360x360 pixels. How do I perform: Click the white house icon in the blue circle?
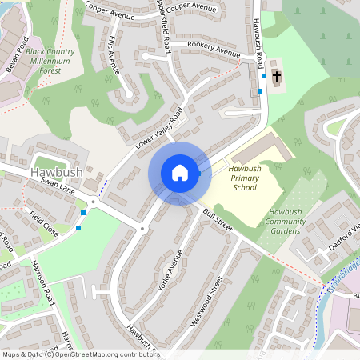click(179, 173)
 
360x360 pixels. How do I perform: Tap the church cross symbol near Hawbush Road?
click(277, 77)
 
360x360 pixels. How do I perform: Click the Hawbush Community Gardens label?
click(285, 221)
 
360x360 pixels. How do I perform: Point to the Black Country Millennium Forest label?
click(55, 59)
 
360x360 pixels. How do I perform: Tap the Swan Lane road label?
click(57, 188)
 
